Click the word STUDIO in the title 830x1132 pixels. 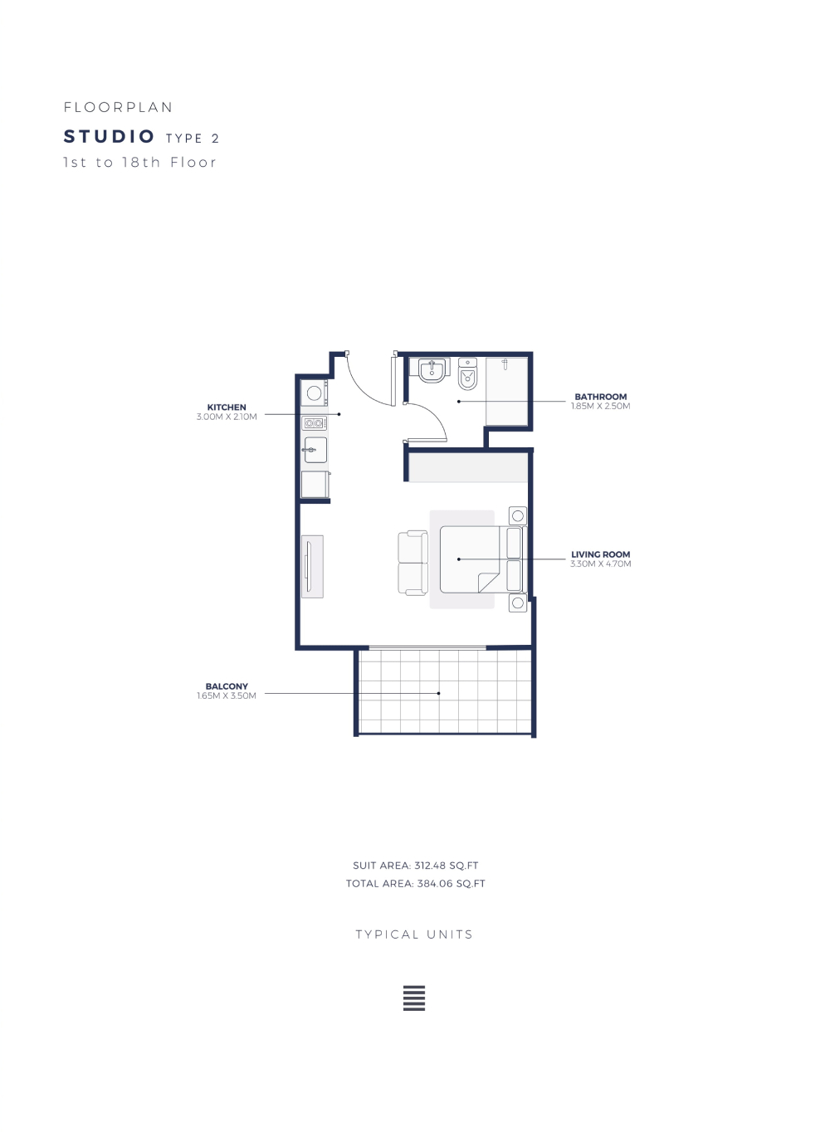click(109, 136)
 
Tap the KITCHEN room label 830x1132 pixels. click(227, 407)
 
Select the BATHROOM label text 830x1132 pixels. click(601, 397)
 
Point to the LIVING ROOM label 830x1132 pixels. click(601, 554)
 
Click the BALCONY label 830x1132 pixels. click(227, 686)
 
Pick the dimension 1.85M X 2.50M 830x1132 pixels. click(601, 406)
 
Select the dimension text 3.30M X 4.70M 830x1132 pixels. click(601, 564)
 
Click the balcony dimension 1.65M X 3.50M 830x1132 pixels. click(227, 695)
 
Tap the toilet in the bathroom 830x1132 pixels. click(467, 374)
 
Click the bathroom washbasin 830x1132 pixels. click(432, 370)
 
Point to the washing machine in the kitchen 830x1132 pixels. click(315, 393)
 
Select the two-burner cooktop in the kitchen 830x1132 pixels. click(314, 423)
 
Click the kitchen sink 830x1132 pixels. click(315, 450)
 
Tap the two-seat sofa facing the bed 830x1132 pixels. click(413, 563)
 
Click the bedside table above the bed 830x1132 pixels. click(518, 516)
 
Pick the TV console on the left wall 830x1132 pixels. click(312, 567)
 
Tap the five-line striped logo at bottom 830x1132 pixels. click(414, 998)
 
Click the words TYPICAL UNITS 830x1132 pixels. click(414, 934)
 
